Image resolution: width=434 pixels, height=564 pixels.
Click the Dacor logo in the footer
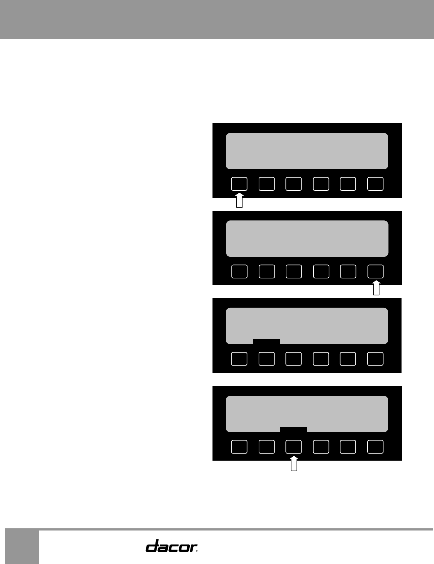tap(170, 545)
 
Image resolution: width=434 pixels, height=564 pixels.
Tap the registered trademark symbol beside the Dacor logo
tap(197, 550)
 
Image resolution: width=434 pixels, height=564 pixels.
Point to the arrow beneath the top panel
tap(239, 201)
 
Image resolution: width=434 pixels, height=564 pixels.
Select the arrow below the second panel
tap(376, 288)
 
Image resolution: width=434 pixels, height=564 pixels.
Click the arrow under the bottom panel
tap(294, 464)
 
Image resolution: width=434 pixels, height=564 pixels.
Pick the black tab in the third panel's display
tap(267, 341)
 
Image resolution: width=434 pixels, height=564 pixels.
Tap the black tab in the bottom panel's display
tap(293, 429)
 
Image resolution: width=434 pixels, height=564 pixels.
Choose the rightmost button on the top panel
tap(375, 184)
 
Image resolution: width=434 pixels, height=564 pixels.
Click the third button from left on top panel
tap(294, 184)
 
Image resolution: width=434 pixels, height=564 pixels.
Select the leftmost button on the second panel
tap(239, 271)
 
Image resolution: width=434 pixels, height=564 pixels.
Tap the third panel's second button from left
tap(267, 359)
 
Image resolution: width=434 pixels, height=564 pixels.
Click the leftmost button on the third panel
tap(239, 359)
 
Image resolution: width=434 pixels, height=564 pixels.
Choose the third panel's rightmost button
tap(375, 359)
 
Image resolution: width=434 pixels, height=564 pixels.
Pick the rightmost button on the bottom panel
tap(375, 447)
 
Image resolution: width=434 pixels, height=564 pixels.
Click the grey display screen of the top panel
tap(307, 151)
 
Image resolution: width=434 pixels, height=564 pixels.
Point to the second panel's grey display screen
tap(307, 238)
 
